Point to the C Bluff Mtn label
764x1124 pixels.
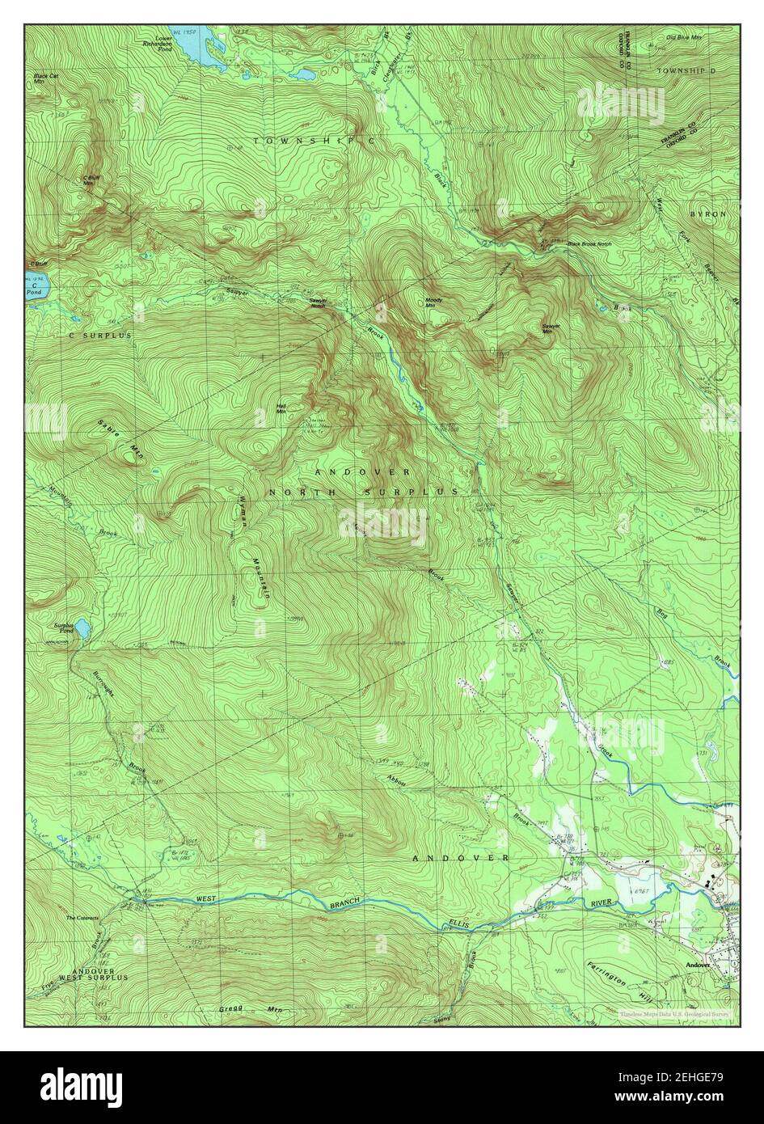point(89,180)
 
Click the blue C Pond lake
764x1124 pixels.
point(37,285)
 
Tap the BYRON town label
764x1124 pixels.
point(708,213)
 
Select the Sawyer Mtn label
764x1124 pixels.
point(552,327)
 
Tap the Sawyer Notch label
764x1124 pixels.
point(318,302)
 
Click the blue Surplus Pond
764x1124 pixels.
point(80,627)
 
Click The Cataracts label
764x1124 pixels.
point(82,918)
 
